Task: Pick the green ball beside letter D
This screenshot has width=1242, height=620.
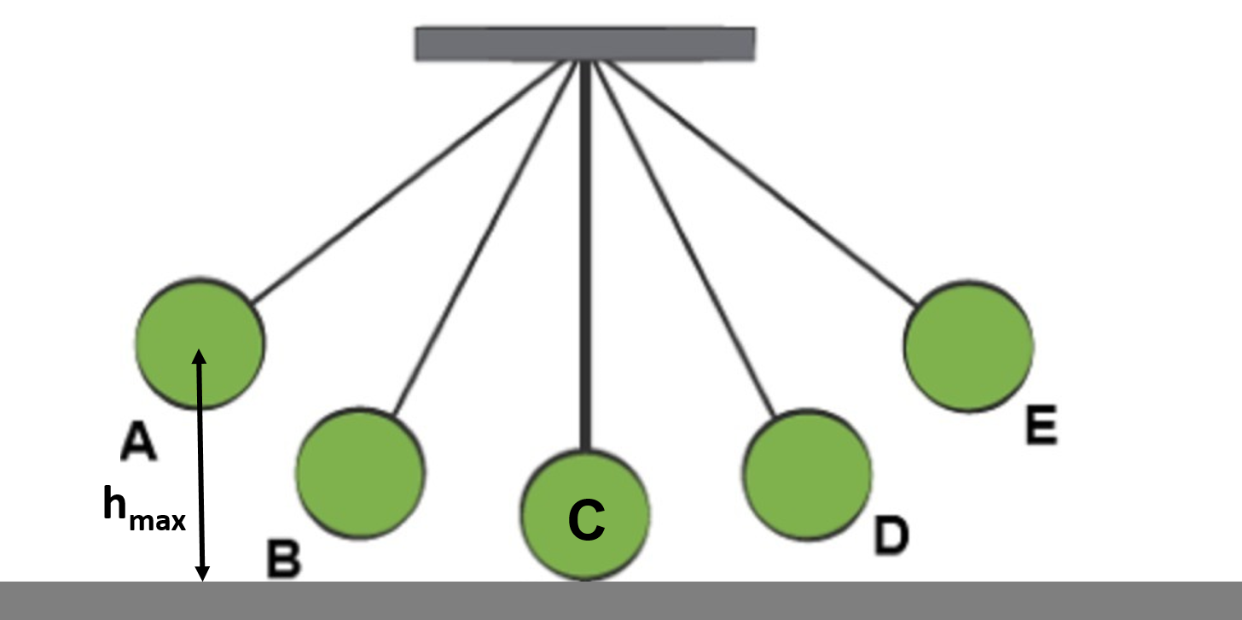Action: point(807,475)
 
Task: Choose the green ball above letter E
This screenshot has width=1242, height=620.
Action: point(969,346)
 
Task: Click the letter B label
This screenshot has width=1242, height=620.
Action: point(283,559)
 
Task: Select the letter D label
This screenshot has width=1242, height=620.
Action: point(891,535)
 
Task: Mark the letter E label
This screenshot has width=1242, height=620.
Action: point(1041,426)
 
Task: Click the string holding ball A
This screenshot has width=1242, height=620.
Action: point(409,183)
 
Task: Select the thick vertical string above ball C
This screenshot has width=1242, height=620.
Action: point(585,256)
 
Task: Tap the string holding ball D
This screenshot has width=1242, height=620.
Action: point(682,239)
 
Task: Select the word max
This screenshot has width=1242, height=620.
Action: point(157,520)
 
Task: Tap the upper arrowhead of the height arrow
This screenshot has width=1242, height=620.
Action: point(199,357)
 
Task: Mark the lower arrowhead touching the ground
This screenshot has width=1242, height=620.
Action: point(203,574)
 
